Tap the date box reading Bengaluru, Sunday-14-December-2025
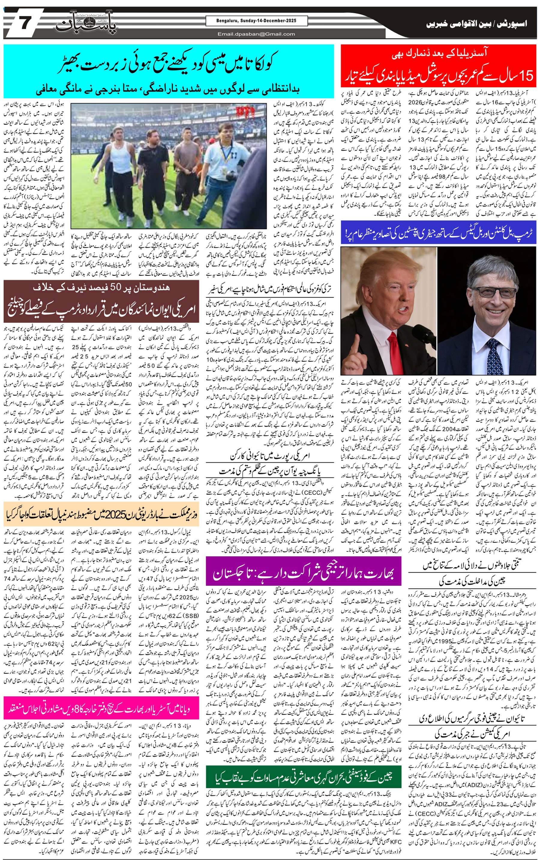pyautogui.click(x=256, y=21)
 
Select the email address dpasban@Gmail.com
pyautogui.click(x=256, y=34)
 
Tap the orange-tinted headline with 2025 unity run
pyautogui.click(x=100, y=515)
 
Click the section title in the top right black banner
pyautogui.click(x=476, y=24)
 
